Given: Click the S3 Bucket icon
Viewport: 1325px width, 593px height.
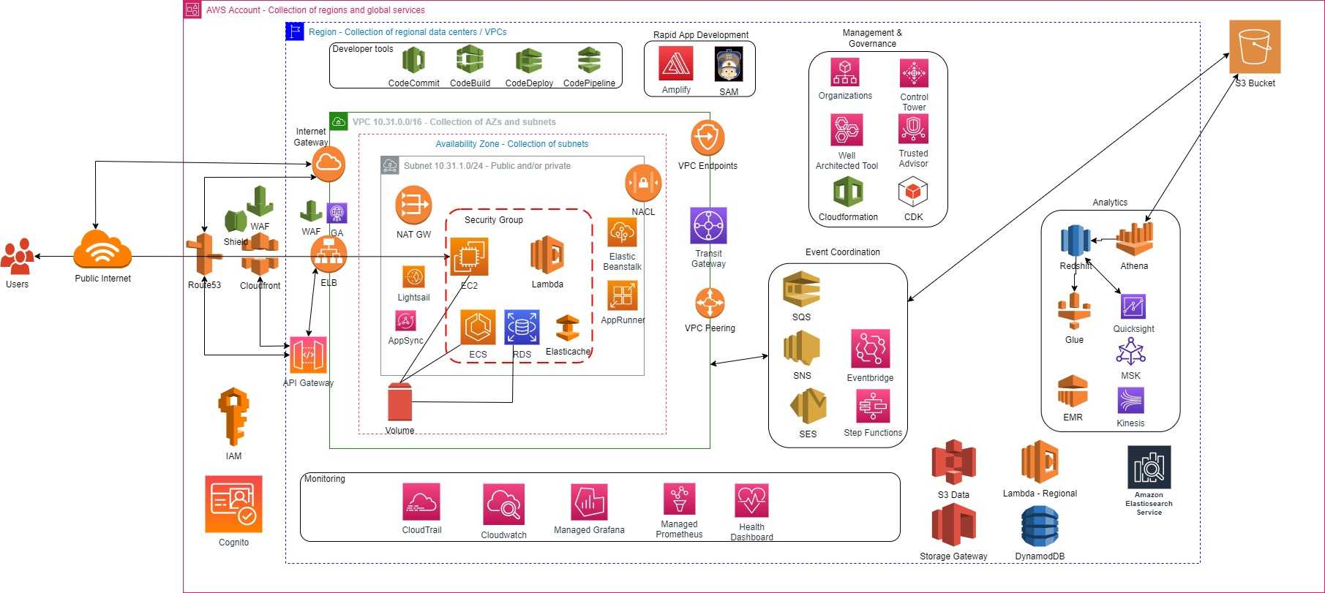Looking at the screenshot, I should coord(1255,47).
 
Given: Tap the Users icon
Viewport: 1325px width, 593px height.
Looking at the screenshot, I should coord(18,257).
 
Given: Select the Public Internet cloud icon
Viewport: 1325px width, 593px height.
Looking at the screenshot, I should coord(102,250).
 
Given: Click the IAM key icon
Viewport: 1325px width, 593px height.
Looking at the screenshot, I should coord(233,417).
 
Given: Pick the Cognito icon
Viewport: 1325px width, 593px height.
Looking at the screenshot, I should coord(233,505).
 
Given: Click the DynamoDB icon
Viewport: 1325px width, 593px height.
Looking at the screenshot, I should coord(1040,527).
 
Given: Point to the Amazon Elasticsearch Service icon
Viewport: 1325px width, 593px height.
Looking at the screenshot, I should coord(1149,467).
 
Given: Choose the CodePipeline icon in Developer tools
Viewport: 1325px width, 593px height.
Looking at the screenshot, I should coord(589,61).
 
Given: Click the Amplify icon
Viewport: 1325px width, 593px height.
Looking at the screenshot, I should coord(676,64).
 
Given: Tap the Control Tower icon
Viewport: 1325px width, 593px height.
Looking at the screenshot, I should coord(914,73).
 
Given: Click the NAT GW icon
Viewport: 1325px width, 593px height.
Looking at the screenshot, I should coord(413,205).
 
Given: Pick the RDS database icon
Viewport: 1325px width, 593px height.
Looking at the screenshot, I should coord(522,327).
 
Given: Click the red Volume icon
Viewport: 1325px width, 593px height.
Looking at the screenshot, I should coord(399,402).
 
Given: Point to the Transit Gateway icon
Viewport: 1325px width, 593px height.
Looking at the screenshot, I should coord(708,226).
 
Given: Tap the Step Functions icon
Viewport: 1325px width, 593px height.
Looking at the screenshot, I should coord(872,406).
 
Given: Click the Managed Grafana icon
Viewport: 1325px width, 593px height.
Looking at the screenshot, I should coord(589,502).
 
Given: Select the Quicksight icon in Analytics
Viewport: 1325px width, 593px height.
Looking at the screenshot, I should coord(1133,306).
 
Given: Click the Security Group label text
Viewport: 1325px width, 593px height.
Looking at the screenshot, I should coord(494,220).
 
